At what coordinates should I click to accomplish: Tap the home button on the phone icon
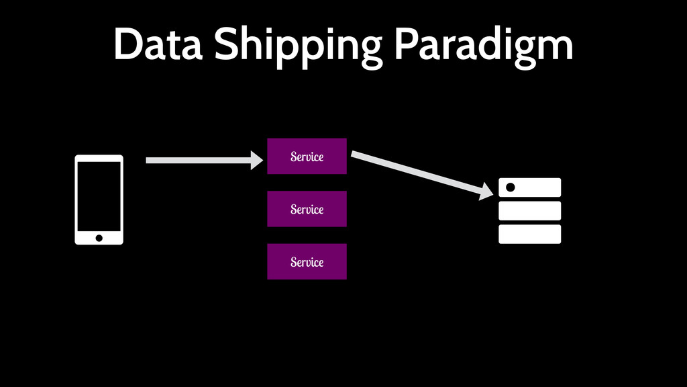pos(99,238)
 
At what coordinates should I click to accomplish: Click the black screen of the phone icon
pos(99,196)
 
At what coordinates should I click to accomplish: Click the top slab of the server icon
pos(537,187)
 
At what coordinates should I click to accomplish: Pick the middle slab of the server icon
pos(529,210)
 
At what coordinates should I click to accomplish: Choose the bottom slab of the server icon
pos(529,234)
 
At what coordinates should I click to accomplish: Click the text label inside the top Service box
pos(307,157)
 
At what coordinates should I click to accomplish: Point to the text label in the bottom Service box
pos(307,261)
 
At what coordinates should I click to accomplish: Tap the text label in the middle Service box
pos(307,209)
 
